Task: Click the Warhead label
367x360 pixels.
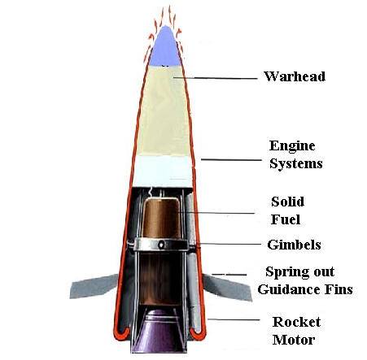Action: [x=295, y=76]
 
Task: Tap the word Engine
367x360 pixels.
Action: [x=292, y=146]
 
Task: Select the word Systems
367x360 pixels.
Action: [x=296, y=164]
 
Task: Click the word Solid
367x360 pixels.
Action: [x=287, y=202]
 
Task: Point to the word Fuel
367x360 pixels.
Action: [x=286, y=219]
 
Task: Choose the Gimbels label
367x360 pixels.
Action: [x=294, y=245]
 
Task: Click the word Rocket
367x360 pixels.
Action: [x=296, y=322]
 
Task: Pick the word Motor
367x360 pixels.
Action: [x=294, y=340]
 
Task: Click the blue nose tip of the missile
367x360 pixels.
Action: [x=165, y=46]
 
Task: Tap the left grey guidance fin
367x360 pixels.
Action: [x=94, y=286]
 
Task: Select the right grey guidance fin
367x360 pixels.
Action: [x=227, y=287]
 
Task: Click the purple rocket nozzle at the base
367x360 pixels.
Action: [x=159, y=332]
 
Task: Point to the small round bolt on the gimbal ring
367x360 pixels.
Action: [x=161, y=245]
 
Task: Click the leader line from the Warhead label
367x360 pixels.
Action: [x=216, y=78]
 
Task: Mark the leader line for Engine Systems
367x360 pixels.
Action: [x=231, y=160]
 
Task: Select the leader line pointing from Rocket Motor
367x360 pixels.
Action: [x=234, y=319]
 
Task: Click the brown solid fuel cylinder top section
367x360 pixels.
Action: [x=161, y=219]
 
